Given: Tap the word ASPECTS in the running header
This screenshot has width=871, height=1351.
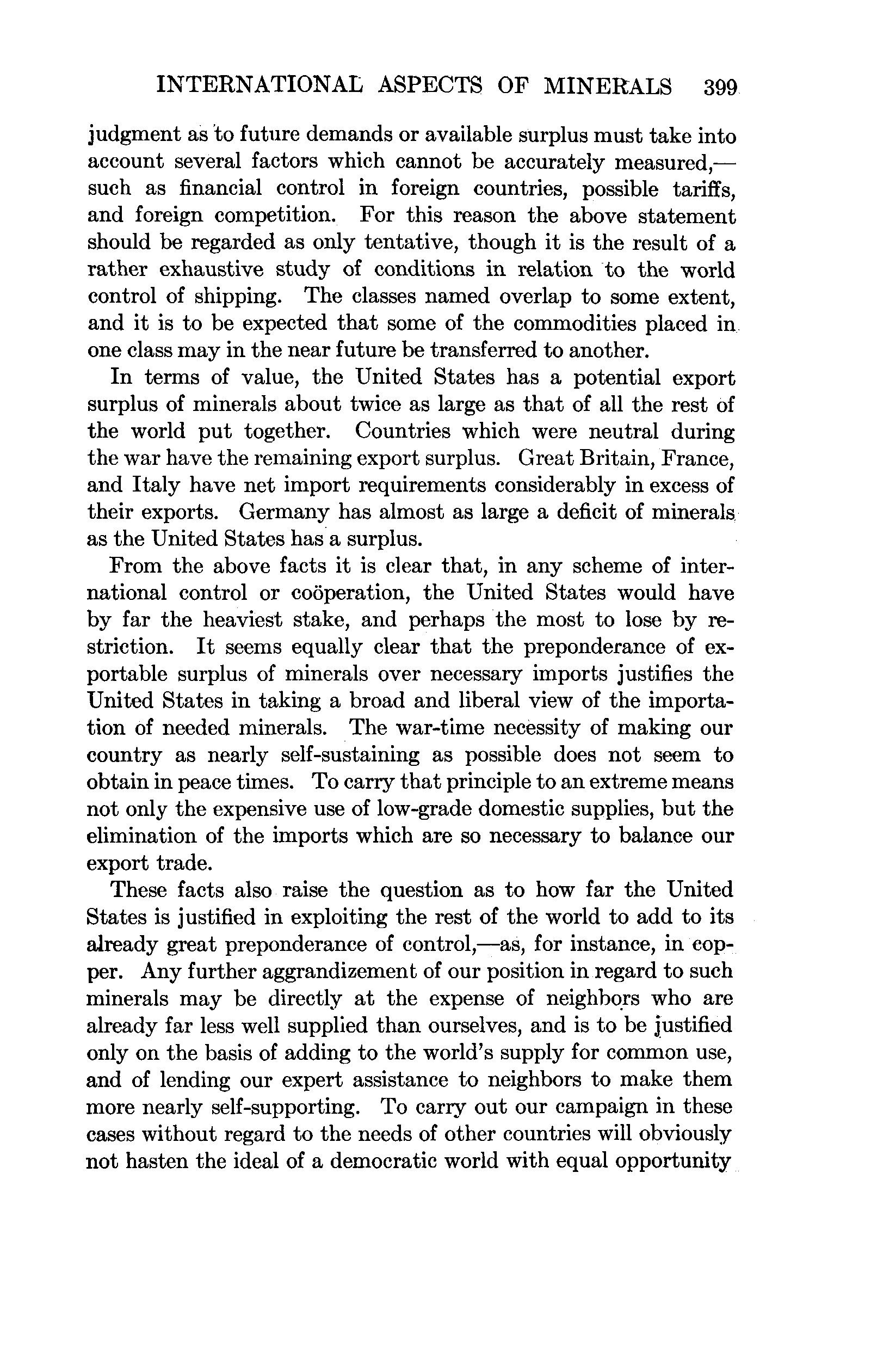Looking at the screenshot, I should pos(429,86).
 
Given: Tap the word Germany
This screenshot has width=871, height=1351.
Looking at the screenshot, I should pos(283,512).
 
